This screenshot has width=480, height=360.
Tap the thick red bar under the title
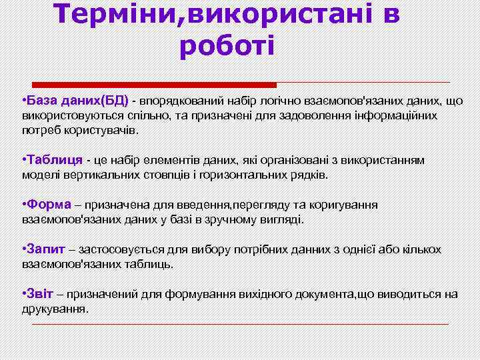(x=154, y=85)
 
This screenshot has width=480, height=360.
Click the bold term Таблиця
(x=53, y=161)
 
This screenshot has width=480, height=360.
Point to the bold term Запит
(x=45, y=249)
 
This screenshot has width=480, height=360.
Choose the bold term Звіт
(x=41, y=294)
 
